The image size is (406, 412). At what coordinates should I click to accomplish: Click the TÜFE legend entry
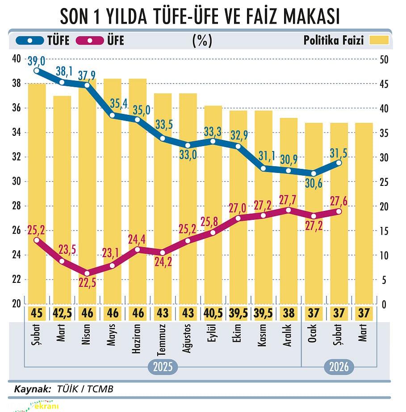tap(43, 41)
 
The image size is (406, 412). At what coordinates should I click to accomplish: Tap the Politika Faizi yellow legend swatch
tap(379, 41)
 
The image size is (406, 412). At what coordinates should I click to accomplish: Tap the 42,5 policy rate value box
tap(62, 313)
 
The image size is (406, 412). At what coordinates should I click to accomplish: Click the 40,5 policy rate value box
tap(213, 313)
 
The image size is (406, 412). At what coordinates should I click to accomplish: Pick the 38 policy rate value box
tap(289, 313)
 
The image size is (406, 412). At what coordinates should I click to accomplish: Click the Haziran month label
tap(138, 339)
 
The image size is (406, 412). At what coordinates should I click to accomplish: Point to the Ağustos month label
tap(188, 339)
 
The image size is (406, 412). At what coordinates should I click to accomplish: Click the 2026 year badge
tap(339, 367)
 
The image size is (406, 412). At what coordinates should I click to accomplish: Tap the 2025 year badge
tap(163, 367)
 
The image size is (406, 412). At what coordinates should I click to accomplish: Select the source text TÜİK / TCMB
tap(85, 389)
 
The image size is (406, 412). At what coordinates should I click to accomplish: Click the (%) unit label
tap(202, 41)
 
